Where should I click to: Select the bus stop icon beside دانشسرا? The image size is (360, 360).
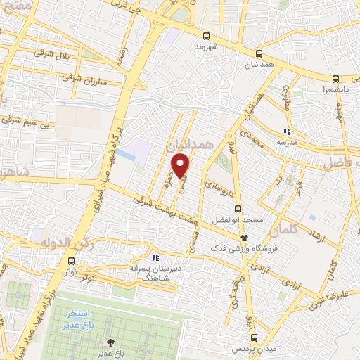(x=335, y=79)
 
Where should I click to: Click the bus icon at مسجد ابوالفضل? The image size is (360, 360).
(x=237, y=209)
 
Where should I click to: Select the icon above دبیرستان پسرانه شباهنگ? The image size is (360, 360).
(x=155, y=258)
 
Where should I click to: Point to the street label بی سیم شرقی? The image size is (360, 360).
(x=29, y=122)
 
